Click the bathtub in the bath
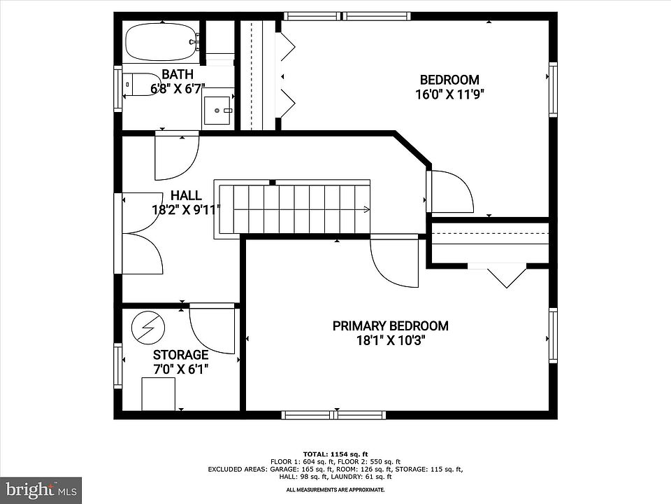tap(161, 42)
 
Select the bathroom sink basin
tap(218, 111)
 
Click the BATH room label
tap(178, 74)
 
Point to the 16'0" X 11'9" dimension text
tap(449, 94)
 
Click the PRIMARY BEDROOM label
tap(390, 325)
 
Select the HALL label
tap(186, 195)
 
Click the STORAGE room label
tap(180, 355)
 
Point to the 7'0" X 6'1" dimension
tap(180, 369)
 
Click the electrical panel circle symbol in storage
tap(148, 328)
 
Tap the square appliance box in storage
tap(159, 394)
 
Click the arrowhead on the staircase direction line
tap(367, 209)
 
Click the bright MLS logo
tap(41, 490)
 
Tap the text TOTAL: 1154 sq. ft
tap(335, 454)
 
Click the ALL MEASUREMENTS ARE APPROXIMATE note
tap(335, 489)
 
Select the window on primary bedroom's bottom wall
tap(333, 415)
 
